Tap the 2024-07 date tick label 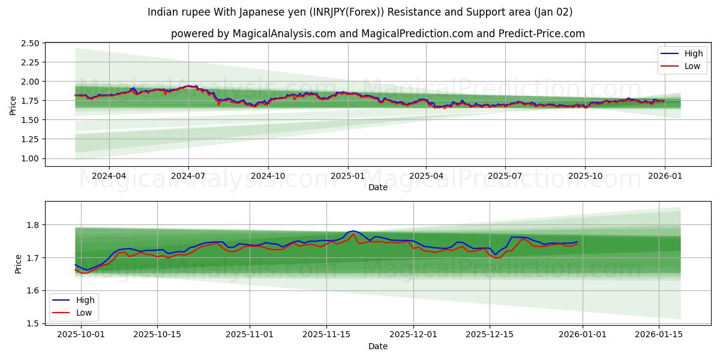[188, 176]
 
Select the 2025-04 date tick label [426, 176]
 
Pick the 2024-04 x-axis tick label [109, 176]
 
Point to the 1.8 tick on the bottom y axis [34, 225]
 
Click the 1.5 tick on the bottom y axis [34, 323]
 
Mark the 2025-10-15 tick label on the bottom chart [157, 335]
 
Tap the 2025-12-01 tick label [413, 335]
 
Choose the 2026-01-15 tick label [659, 335]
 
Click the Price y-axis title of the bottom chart [18, 264]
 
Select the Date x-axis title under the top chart [378, 187]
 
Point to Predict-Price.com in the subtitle [542, 34]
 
